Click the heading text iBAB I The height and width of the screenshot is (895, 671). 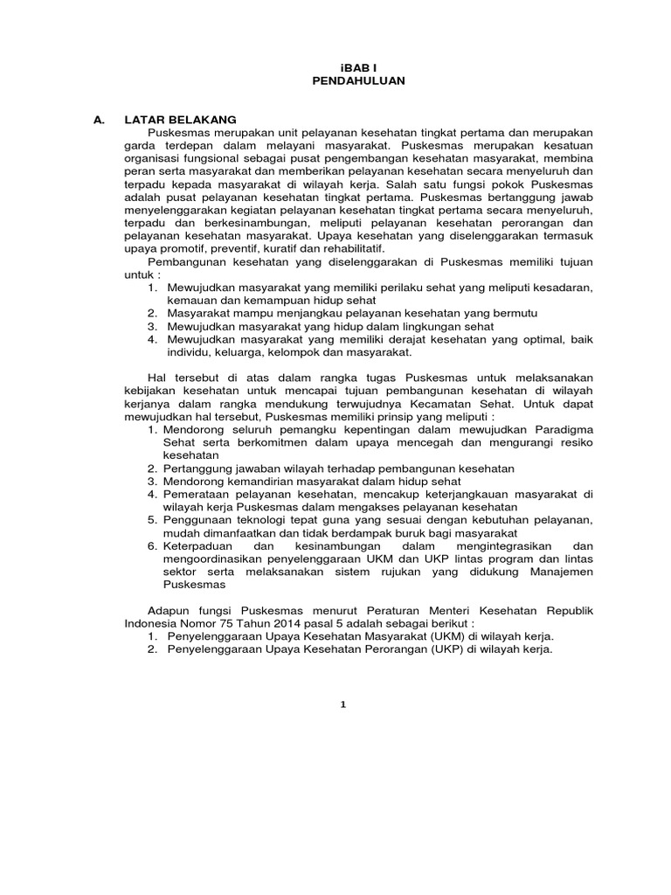click(x=357, y=66)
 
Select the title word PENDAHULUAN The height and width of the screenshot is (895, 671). click(x=357, y=80)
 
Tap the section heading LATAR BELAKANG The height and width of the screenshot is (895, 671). click(x=181, y=119)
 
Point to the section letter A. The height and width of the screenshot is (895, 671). click(x=99, y=119)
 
